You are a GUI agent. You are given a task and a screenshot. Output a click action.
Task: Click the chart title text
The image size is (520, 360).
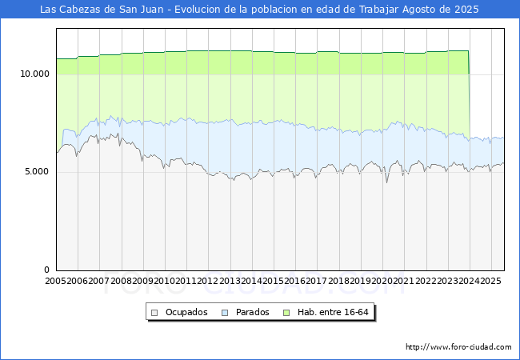(x=259, y=10)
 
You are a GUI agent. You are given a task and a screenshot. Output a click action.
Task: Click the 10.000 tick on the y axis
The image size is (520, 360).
(x=34, y=74)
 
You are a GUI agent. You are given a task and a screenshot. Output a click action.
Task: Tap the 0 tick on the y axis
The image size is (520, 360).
(x=46, y=270)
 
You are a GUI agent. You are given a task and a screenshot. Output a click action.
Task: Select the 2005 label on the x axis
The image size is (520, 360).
(x=56, y=282)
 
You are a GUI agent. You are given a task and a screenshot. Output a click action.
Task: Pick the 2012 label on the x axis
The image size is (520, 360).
(x=207, y=282)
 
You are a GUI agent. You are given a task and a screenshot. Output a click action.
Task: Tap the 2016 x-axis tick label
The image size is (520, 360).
(x=294, y=282)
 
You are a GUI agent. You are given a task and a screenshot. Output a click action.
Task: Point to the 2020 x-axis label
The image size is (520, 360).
(x=382, y=282)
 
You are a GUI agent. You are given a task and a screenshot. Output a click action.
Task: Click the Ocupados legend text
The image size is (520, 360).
(x=186, y=312)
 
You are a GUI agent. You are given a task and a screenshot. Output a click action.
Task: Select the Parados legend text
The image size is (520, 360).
(x=252, y=312)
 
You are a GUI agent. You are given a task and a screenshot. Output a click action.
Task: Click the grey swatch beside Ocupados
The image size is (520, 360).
(x=155, y=312)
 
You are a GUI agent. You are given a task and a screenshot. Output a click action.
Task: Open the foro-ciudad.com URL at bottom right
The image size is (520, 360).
(x=458, y=347)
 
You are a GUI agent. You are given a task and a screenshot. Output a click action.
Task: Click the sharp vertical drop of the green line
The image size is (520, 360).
(x=469, y=96)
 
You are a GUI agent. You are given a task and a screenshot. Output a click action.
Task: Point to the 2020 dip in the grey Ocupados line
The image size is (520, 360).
(x=387, y=182)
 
